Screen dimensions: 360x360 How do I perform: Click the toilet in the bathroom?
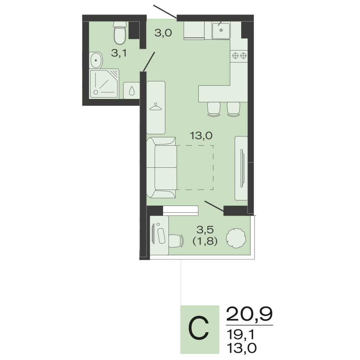pyautogui.click(x=120, y=33)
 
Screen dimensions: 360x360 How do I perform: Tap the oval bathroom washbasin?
pyautogui.click(x=96, y=60)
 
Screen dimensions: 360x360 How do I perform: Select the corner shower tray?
pyautogui.click(x=104, y=84)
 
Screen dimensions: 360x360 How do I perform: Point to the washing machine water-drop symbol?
pyautogui.click(x=131, y=91)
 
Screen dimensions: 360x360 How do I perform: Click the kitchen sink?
pyautogui.click(x=221, y=31)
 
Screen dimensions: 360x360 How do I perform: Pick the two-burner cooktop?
pyautogui.click(x=239, y=55)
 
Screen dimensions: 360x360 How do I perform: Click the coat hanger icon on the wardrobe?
pyautogui.click(x=156, y=107)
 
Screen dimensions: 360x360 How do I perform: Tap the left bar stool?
pyautogui.click(x=214, y=109)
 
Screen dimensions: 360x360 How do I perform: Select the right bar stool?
pyautogui.click(x=234, y=109)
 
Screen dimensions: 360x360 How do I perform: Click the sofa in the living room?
pyautogui.click(x=162, y=168)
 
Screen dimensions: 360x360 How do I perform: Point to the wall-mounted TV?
pyautogui.click(x=242, y=168)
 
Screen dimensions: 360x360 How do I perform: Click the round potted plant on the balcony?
pyautogui.click(x=236, y=238)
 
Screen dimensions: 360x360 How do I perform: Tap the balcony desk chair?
pyautogui.click(x=176, y=241)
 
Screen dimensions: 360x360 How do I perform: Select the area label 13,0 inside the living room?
pyautogui.click(x=201, y=136)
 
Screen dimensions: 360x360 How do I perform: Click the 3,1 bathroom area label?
pyautogui.click(x=119, y=53)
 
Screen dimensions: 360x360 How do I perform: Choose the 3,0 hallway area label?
pyautogui.click(x=163, y=33)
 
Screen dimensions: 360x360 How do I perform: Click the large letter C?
pyautogui.click(x=199, y=328)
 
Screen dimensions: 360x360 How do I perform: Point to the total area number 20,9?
pyautogui.click(x=249, y=314)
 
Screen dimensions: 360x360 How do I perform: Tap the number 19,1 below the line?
pyautogui.click(x=240, y=334)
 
